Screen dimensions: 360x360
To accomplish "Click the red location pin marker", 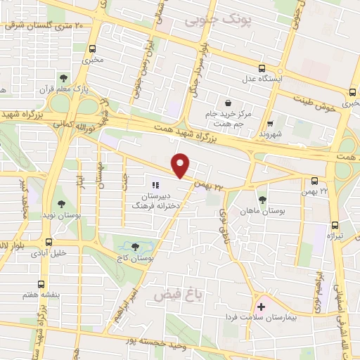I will [181, 165].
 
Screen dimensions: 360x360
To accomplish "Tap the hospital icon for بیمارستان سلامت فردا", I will [262, 307].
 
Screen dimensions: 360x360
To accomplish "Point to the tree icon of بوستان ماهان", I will [263, 199].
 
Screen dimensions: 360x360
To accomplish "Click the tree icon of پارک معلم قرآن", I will [63, 78].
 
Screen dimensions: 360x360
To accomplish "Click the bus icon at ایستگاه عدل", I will [262, 69].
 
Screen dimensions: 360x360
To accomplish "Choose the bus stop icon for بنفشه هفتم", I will [41, 285].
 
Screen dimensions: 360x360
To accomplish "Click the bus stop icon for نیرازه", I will [334, 226].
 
